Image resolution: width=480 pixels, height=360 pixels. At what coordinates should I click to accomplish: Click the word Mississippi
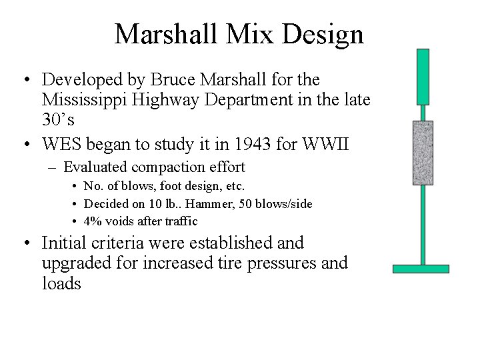[85, 100]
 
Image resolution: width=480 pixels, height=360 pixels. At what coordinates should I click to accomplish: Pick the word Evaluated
[94, 167]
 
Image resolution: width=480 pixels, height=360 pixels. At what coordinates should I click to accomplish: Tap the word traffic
[181, 221]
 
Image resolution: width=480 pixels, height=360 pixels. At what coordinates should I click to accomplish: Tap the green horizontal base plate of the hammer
[421, 269]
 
